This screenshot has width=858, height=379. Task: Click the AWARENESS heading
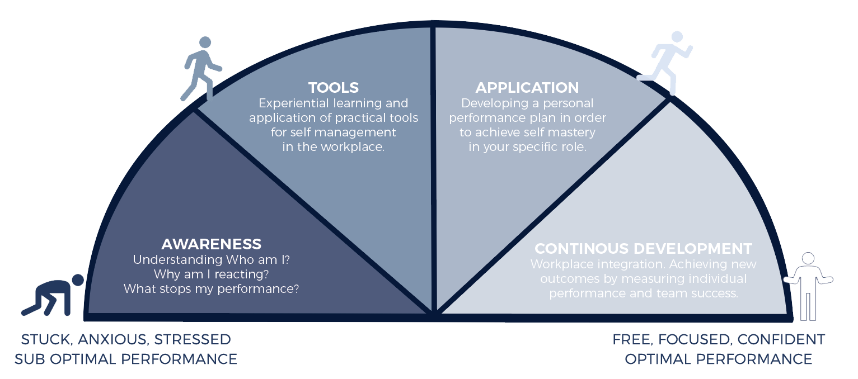[211, 244]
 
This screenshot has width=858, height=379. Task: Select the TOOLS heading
[334, 88]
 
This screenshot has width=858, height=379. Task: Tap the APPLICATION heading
[527, 88]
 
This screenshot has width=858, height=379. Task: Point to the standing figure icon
[808, 285]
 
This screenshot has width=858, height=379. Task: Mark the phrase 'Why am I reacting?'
[211, 274]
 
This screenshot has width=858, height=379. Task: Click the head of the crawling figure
[78, 279]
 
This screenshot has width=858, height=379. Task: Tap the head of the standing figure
[808, 258]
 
